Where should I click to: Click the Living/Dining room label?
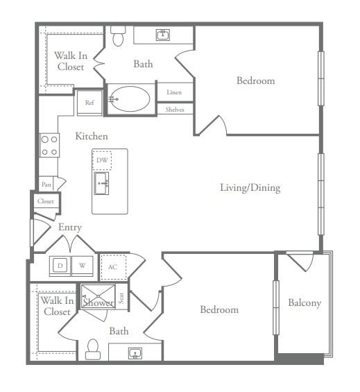[250, 187]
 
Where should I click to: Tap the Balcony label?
[305, 303]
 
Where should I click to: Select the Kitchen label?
[92, 137]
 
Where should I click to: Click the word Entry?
[70, 227]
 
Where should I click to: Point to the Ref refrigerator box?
[89, 103]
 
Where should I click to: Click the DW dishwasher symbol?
[102, 160]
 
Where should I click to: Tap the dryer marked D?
[60, 265]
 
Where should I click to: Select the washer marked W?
[82, 265]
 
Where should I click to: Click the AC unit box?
[112, 266]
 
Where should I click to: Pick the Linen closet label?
[175, 92]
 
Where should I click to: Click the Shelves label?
[175, 109]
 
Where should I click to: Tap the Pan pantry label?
[46, 184]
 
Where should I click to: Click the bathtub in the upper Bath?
[128, 99]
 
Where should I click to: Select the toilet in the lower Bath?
[93, 350]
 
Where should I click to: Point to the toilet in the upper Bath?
[118, 37]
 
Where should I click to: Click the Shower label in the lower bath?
[98, 302]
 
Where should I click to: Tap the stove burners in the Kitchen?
[49, 145]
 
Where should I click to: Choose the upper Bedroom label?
[255, 80]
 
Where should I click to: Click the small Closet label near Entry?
[46, 201]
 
